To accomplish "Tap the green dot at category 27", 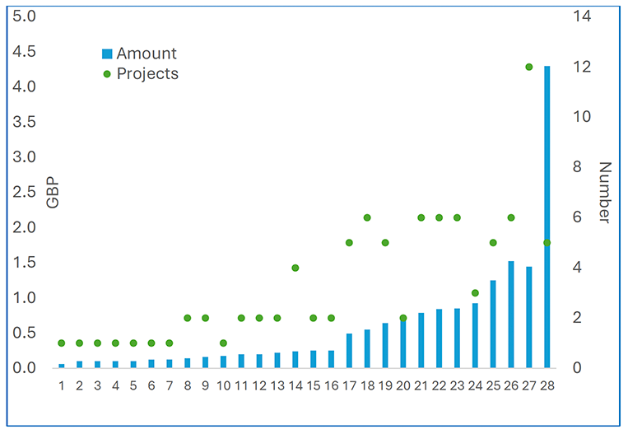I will point(528,67).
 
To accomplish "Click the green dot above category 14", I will point(295,268).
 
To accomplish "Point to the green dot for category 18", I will point(367,217).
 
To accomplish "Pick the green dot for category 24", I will point(475,292).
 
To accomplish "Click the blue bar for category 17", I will point(349,351).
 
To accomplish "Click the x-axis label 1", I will point(62,385).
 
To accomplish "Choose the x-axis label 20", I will point(403,385).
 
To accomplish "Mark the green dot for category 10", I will point(223,343).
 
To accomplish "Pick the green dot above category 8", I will point(187,318).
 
